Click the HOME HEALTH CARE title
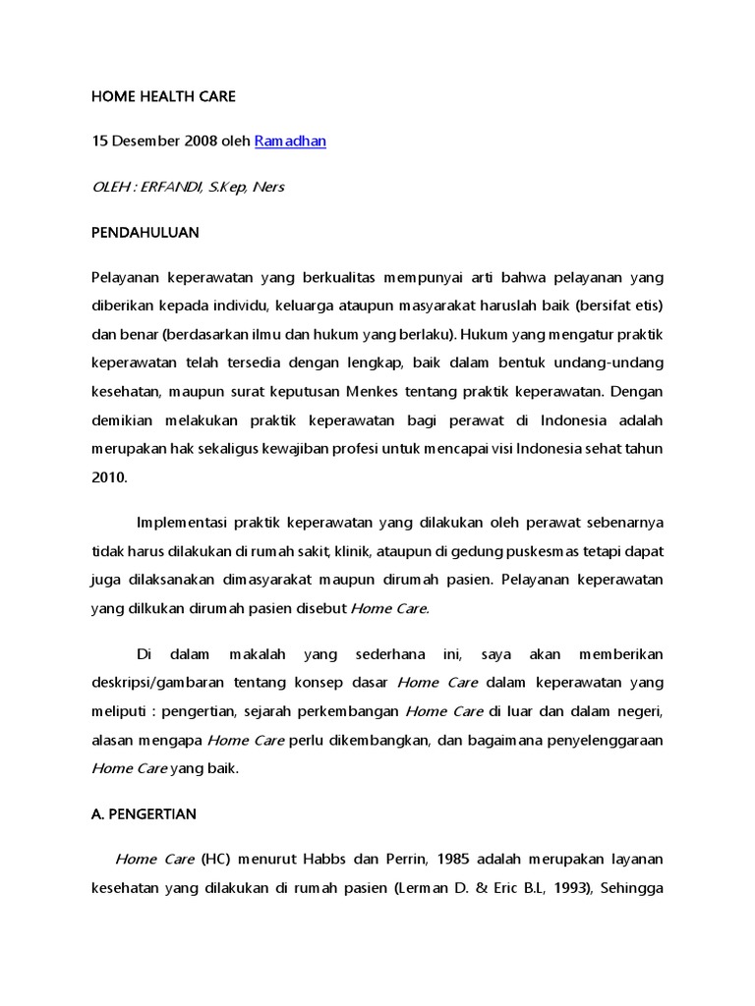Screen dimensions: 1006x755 click(x=163, y=96)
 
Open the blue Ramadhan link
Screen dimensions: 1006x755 click(x=290, y=141)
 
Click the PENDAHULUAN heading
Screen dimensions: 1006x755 click(x=145, y=233)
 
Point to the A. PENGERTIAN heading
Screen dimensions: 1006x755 click(x=145, y=814)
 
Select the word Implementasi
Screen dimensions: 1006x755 click(x=182, y=522)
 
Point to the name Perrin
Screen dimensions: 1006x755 click(x=404, y=859)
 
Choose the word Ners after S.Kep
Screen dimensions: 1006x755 click(x=267, y=187)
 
